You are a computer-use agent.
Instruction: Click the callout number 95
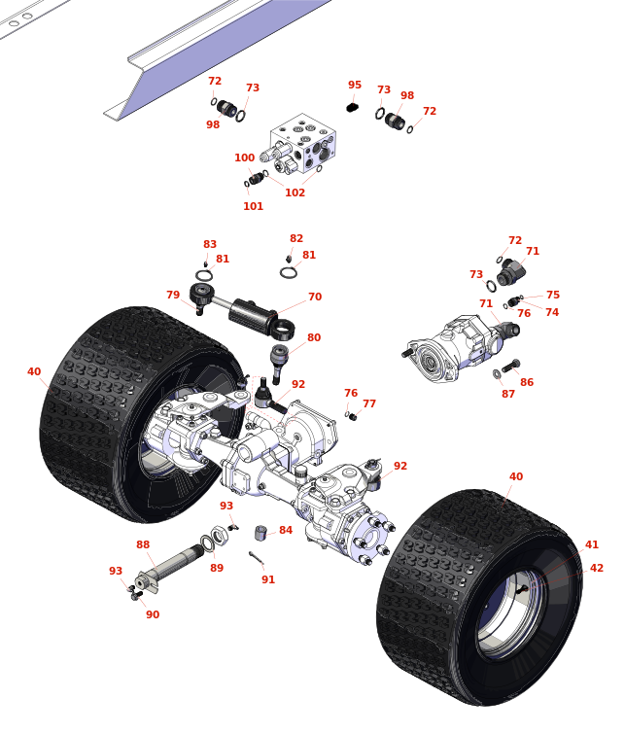(x=355, y=86)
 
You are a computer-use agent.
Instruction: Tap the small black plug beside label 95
(x=353, y=107)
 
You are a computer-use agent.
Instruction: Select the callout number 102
(x=295, y=192)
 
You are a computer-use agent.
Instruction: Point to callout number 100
(x=244, y=158)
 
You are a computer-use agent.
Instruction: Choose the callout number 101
(x=253, y=206)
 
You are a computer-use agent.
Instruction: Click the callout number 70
(x=315, y=297)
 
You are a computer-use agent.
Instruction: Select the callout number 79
(x=173, y=296)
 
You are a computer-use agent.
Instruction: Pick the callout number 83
(x=210, y=245)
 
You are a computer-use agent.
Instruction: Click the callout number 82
(x=296, y=239)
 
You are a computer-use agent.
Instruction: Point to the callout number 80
(x=314, y=338)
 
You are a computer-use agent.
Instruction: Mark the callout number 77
(x=369, y=404)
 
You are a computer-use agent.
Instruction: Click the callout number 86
(x=527, y=383)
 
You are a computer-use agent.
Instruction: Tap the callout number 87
(x=508, y=395)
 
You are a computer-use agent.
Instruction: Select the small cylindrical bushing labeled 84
(x=260, y=533)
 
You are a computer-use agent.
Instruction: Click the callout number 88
(x=143, y=545)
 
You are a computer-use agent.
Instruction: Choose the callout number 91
(x=268, y=580)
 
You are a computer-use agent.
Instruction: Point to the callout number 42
(x=597, y=569)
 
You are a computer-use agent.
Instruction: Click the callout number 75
(x=553, y=296)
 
